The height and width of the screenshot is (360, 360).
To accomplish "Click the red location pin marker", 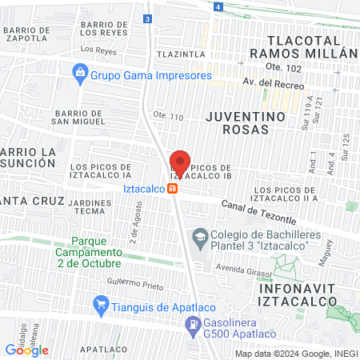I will coord(180,163).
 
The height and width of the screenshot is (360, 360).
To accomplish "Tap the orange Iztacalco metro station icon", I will coord(172,189).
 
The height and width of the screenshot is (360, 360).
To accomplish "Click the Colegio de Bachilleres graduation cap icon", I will coord(198,237).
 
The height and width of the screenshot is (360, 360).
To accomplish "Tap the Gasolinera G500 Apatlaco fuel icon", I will coord(192,325).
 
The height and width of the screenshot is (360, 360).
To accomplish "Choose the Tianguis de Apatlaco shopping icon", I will coord(101,305).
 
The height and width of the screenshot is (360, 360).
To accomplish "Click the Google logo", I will coord(26,350).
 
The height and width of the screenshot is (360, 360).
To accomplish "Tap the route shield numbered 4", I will coord(218,6).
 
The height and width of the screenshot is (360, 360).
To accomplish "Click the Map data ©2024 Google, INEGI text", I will coord(295,354).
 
